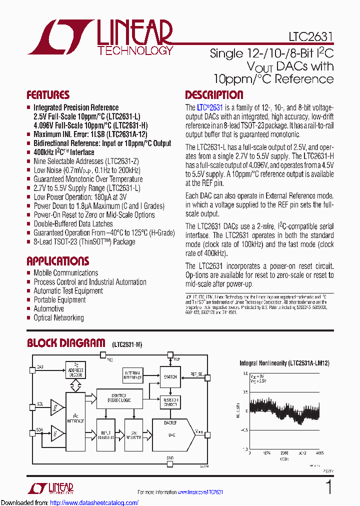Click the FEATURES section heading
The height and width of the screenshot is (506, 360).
[48, 95]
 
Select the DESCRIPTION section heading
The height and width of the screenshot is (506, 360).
[214, 95]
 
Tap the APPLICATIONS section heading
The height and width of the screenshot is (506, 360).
[57, 261]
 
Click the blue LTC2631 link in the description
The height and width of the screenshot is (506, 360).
[209, 107]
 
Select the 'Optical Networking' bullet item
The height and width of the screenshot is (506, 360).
[58, 318]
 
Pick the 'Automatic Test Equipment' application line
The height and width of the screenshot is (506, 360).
[68, 291]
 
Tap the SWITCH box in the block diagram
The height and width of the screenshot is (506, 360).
[170, 377]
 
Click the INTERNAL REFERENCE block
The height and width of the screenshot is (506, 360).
[132, 374]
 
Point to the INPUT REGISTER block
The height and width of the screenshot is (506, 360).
[105, 435]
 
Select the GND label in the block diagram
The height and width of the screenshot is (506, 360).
[170, 457]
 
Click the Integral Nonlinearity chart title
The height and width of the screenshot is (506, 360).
[284, 363]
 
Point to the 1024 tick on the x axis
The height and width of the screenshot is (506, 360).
[266, 453]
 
